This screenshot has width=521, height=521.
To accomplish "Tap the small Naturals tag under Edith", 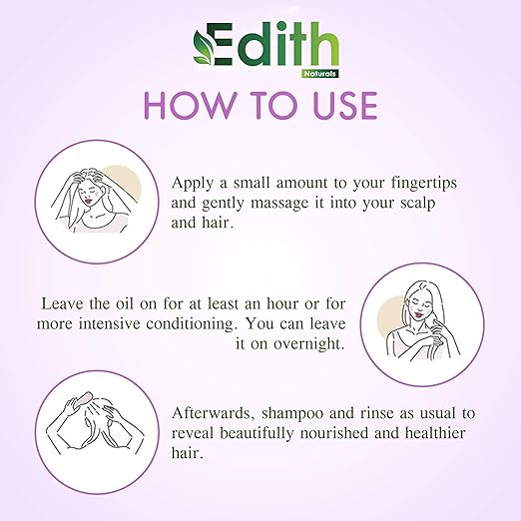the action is click(320, 74).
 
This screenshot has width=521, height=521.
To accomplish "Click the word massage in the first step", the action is click(279, 204).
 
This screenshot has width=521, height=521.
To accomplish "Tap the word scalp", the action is click(417, 204).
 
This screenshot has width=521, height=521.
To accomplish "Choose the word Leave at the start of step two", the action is click(62, 303).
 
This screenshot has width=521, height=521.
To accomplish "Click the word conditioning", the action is click(190, 324).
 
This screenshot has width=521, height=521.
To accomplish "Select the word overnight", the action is click(309, 344).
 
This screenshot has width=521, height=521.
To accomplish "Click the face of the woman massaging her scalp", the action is click(89, 196).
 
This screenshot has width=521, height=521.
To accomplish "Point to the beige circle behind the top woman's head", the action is click(122, 183).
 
